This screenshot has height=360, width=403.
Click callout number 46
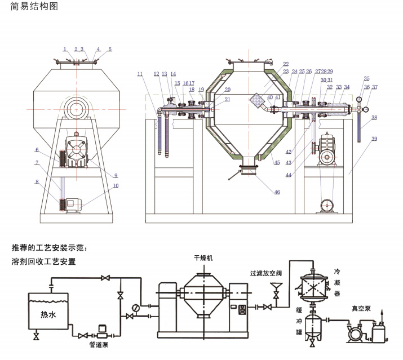pos(277,192)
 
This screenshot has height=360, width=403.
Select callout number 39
pos(374,139)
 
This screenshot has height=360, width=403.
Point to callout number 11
pos(140,74)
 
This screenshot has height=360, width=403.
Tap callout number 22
pos(286,64)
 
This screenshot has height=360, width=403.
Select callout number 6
pos(36,150)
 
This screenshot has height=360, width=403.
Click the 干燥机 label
pos(203,257)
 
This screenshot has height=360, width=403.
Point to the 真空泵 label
pos(362,308)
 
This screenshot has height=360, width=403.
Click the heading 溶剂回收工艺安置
pos(43,261)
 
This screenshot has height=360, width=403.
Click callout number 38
pos(374,117)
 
